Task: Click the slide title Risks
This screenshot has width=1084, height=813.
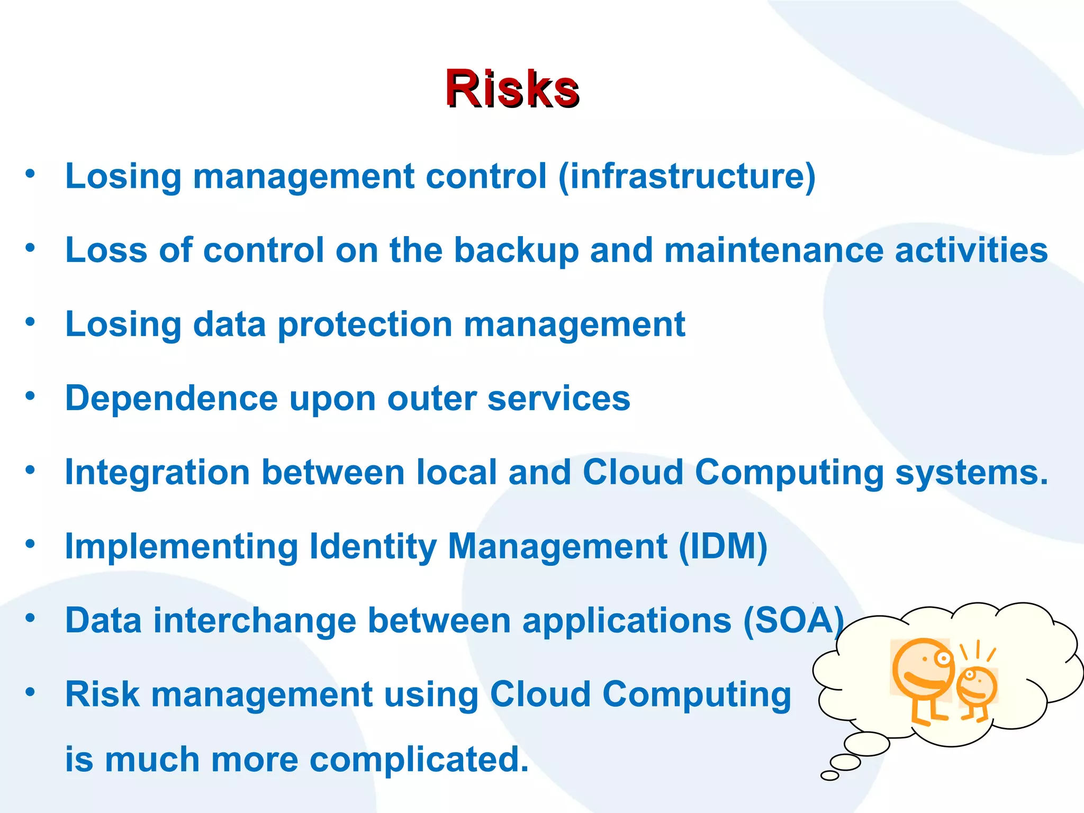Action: click(512, 88)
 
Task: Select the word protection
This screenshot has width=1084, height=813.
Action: click(365, 324)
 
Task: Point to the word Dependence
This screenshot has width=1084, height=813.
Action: click(171, 398)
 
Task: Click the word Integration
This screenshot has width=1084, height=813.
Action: click(157, 472)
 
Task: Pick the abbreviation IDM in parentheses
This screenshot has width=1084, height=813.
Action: click(722, 546)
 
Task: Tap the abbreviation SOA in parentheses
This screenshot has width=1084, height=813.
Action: click(793, 620)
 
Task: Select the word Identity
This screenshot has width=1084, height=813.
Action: click(372, 546)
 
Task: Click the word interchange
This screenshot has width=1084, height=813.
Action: click(255, 620)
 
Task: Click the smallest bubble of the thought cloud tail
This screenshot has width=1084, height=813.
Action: click(829, 775)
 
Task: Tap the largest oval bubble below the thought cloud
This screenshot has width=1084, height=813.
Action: click(866, 744)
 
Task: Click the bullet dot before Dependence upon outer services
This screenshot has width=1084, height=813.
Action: click(30, 395)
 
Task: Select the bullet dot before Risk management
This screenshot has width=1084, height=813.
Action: click(30, 692)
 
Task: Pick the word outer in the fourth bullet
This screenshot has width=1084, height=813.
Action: click(431, 398)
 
